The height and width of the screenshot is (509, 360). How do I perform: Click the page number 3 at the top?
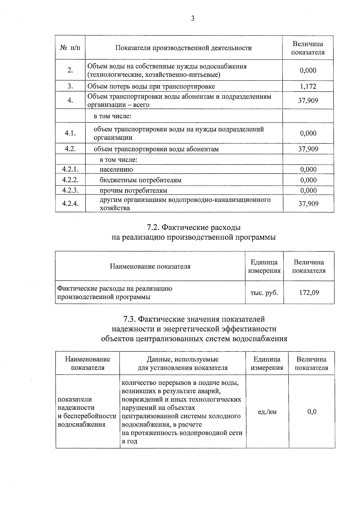193,19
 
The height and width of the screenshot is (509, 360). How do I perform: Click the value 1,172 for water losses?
308,87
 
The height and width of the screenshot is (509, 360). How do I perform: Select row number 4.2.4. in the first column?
70,204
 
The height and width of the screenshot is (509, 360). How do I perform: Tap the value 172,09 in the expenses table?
309,292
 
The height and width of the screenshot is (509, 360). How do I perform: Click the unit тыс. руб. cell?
264,292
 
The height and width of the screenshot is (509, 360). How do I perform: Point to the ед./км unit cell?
267,412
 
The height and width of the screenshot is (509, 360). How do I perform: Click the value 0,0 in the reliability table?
312,412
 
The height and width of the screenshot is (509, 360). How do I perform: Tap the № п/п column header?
70,48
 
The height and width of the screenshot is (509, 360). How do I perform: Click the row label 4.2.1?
70,169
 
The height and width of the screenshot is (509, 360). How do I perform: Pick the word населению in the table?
116,169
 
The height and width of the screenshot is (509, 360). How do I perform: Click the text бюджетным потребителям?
140,180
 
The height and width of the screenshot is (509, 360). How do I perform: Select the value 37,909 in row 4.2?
308,149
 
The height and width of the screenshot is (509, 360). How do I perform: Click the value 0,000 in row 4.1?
308,133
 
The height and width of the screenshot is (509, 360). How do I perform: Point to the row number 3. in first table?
70,87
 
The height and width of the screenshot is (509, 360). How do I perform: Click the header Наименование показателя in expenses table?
150,266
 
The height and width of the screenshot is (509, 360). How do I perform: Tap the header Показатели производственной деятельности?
184,48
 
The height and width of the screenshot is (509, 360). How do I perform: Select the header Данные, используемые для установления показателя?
182,364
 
